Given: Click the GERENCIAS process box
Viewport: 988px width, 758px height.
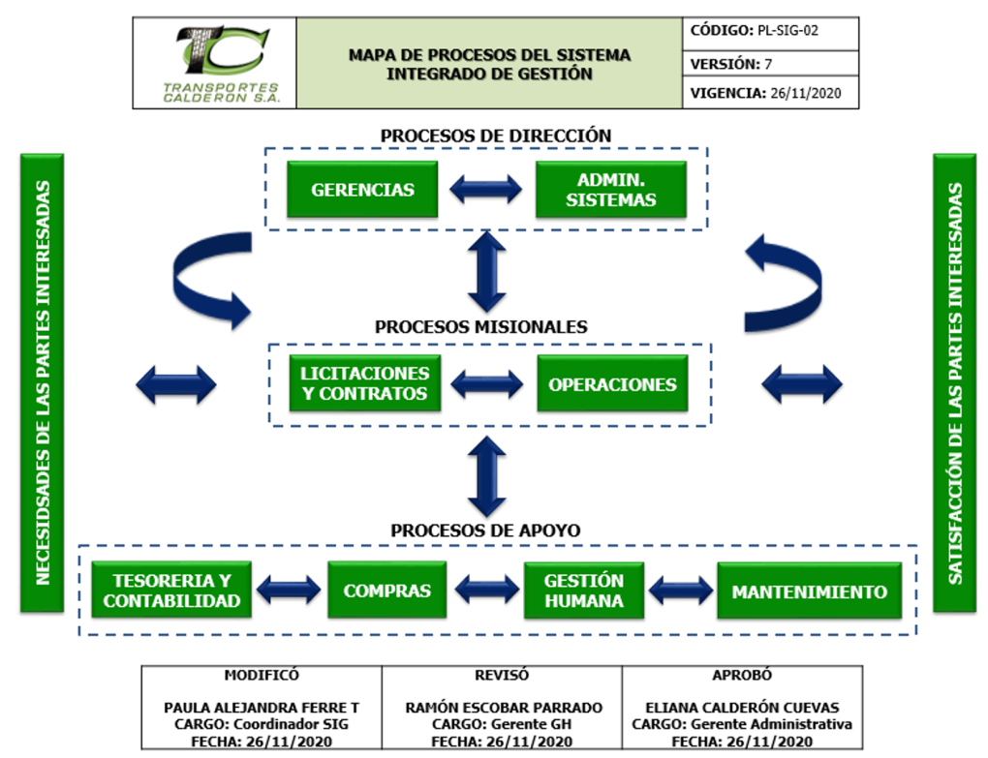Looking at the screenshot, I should tap(362, 190).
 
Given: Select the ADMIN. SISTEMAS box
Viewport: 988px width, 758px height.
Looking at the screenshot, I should tap(610, 190).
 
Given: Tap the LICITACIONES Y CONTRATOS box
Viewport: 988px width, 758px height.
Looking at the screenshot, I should tap(364, 384).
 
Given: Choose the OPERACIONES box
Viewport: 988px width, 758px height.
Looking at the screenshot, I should tap(612, 384).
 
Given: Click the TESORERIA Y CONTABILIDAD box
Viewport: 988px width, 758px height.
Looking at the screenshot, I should tap(171, 591).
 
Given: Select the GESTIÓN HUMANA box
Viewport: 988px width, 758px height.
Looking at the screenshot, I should tap(583, 591).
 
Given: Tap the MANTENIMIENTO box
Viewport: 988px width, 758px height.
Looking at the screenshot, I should tap(809, 591).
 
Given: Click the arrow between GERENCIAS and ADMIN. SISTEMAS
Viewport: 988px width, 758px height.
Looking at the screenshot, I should tap(486, 190).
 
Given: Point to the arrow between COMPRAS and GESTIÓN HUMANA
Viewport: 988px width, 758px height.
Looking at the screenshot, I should tap(487, 589).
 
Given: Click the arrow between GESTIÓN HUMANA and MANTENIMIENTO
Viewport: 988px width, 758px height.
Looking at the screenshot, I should tap(681, 590).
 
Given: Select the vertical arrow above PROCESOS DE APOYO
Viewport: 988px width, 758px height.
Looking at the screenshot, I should tap(487, 475).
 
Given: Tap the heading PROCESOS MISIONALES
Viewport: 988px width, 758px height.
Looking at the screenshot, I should tap(480, 327).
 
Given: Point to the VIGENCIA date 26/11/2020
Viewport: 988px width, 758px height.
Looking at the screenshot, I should tap(806, 94).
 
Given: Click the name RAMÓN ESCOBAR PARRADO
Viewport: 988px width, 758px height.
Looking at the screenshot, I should tap(503, 708).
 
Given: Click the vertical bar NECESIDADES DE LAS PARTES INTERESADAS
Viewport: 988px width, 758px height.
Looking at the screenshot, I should tap(42, 383).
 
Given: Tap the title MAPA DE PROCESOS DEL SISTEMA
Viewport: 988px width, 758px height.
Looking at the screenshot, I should tap(489, 55).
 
